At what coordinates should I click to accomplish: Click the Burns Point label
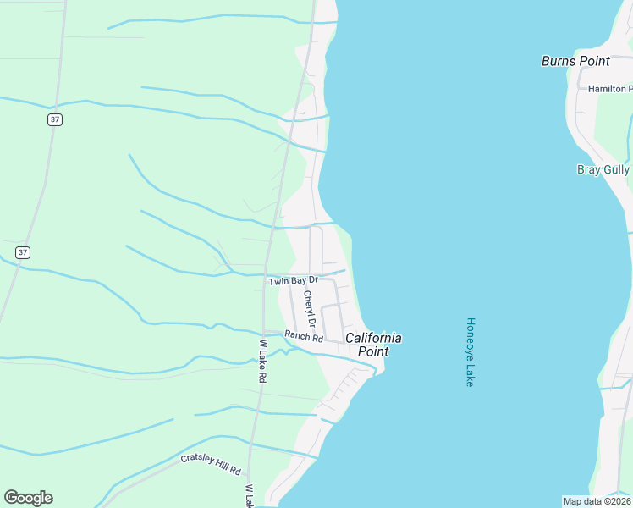(575, 61)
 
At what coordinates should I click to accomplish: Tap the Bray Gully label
(603, 169)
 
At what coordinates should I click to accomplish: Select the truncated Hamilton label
(609, 88)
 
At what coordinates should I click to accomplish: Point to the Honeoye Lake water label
(471, 352)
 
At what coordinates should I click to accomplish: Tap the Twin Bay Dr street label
(293, 280)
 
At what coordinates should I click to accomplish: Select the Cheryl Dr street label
(310, 310)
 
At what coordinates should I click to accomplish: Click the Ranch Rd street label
(304, 338)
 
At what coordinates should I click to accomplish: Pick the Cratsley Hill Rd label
(211, 463)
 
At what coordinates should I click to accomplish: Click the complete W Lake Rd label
(263, 362)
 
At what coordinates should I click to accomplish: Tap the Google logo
(28, 498)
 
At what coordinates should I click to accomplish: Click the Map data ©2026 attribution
(597, 500)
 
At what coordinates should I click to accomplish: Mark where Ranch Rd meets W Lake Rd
(264, 332)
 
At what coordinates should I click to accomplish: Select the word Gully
(615, 169)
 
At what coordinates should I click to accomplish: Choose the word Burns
(559, 61)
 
